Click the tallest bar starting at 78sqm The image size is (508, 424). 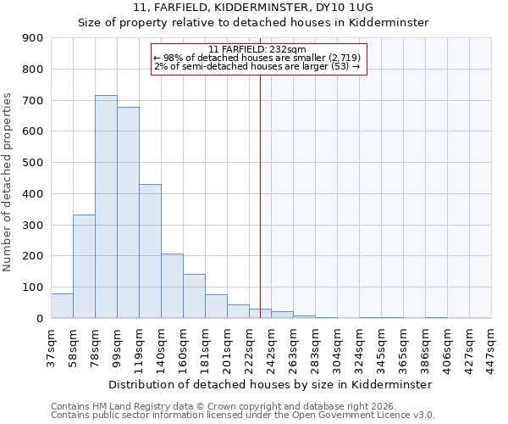click(106, 207)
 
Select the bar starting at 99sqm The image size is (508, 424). click(128, 213)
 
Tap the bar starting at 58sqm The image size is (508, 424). click(84, 266)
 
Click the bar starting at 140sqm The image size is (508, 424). click(172, 286)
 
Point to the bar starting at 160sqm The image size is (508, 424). click(194, 296)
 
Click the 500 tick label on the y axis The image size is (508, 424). click(33, 163)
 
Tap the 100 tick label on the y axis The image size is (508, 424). click(33, 287)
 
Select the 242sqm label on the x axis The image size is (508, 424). click(271, 344)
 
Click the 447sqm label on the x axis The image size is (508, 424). click(491, 344)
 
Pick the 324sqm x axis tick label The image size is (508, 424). click(359, 344)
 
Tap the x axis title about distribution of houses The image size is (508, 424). click(270, 384)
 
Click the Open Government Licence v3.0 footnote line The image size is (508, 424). click(243, 415)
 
